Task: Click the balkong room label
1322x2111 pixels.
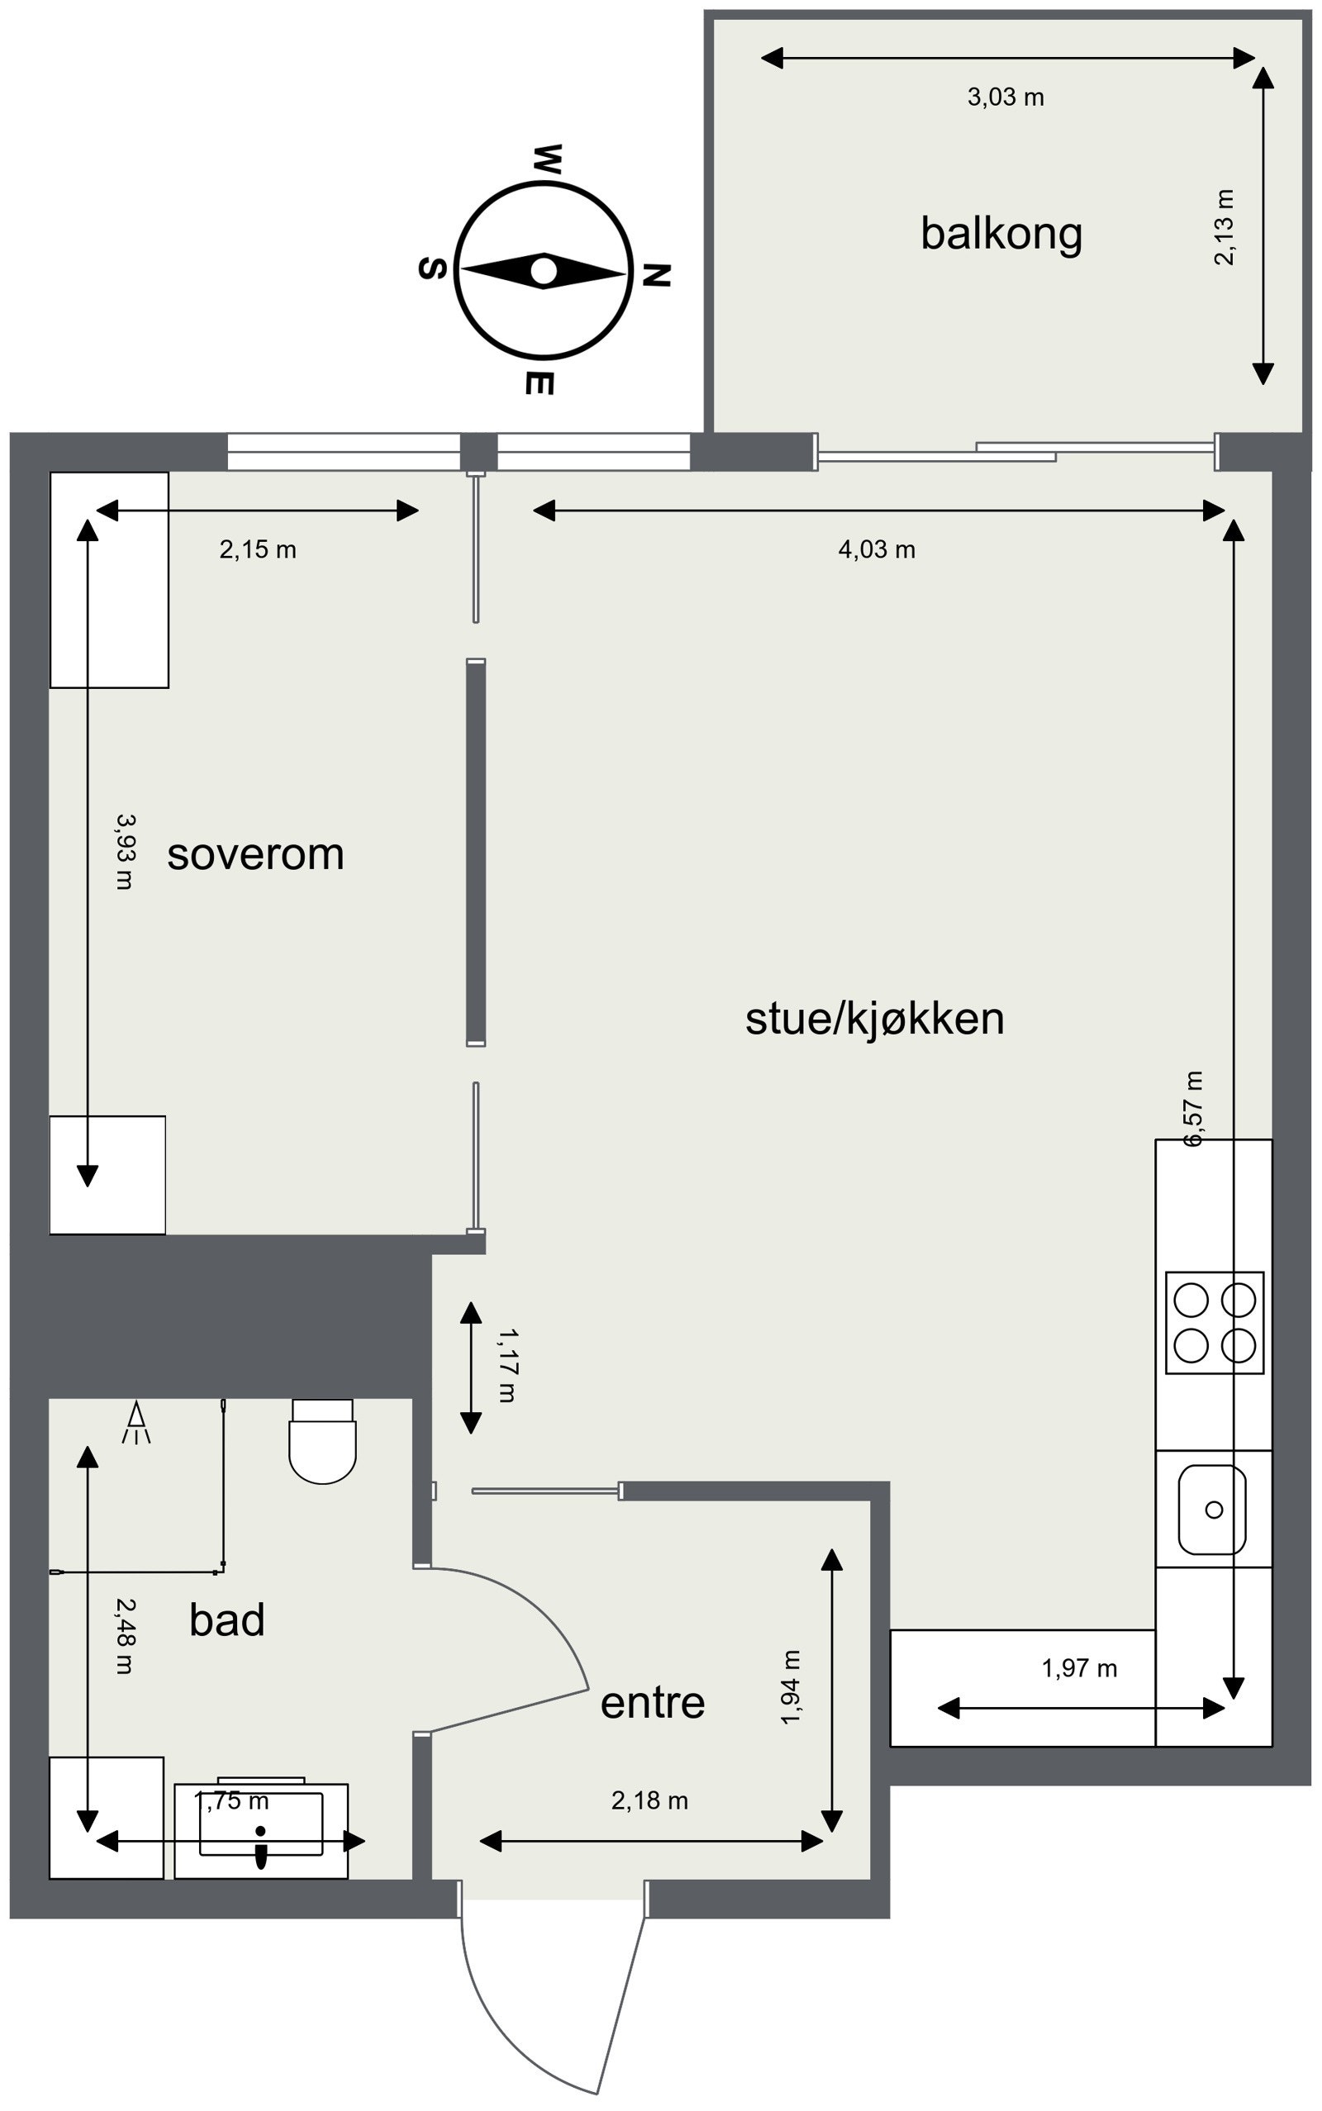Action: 1001,235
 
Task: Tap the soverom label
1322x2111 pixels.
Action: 255,854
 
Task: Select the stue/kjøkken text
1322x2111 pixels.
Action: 874,1019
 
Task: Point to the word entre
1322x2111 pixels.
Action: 652,1702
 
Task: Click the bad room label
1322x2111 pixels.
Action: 226,1619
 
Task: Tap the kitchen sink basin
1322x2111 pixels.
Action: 1212,1509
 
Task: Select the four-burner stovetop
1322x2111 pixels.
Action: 1215,1323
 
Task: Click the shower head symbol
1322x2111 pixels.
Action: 136,1422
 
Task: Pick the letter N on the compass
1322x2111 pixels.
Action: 657,275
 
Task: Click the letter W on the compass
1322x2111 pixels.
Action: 547,159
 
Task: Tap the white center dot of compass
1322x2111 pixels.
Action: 544,271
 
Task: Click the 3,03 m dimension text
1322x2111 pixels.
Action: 1006,97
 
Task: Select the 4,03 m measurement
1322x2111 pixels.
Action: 876,549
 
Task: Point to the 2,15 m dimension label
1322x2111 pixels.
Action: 258,549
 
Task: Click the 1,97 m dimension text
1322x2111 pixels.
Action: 1079,1669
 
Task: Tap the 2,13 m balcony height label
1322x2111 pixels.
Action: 1225,227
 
